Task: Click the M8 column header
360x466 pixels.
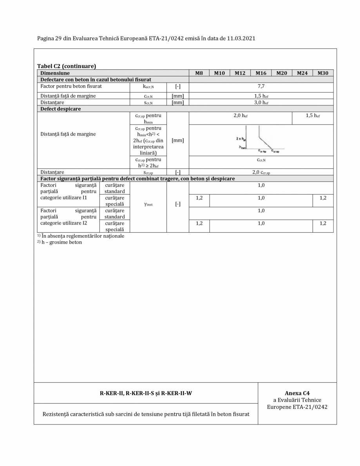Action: [199, 73]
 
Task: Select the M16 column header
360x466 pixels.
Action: [261, 73]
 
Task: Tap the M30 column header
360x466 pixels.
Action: [323, 73]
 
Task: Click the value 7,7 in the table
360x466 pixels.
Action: [261, 86]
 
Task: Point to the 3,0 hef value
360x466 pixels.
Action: [261, 103]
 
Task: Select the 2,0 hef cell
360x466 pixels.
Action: [240, 116]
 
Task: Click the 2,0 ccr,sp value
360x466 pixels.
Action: [261, 172]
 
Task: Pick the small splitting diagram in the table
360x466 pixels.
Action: [255, 141]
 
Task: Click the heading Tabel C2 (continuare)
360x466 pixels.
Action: [67, 66]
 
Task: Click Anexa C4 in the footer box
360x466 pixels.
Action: [297, 393]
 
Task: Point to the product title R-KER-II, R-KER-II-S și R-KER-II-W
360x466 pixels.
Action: [146, 393]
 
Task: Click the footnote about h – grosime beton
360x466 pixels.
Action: [60, 242]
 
